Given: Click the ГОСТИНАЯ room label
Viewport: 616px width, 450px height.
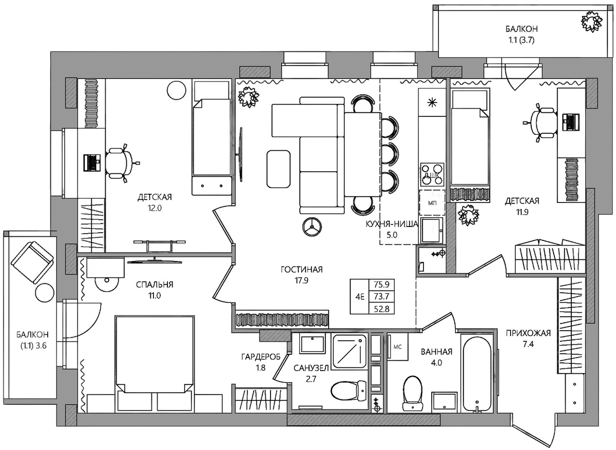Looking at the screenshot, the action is pos(301,270).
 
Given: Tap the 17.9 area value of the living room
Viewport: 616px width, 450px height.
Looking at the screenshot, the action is pos(301,281).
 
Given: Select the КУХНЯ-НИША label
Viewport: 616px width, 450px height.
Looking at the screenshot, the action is pos(392,224).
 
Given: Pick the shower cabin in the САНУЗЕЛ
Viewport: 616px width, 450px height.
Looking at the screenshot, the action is pos(350,352).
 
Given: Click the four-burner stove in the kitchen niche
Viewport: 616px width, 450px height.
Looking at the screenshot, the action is pos(432,174).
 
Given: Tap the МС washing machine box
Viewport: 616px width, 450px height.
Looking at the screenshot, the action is pos(398,346).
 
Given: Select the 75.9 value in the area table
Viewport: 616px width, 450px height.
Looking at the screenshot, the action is pos(381,284).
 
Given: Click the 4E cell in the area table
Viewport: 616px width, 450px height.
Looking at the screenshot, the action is pos(360,297).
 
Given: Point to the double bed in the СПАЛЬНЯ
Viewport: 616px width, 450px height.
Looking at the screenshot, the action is pos(155,363).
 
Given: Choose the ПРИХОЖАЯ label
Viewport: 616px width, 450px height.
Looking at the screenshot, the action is pos(528,333).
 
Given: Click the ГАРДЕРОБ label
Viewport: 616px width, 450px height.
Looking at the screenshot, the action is pos(261,357).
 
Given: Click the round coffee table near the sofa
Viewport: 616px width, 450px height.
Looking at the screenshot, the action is pos(312,227).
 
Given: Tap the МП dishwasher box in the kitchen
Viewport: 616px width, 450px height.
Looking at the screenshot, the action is pos(432,202).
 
